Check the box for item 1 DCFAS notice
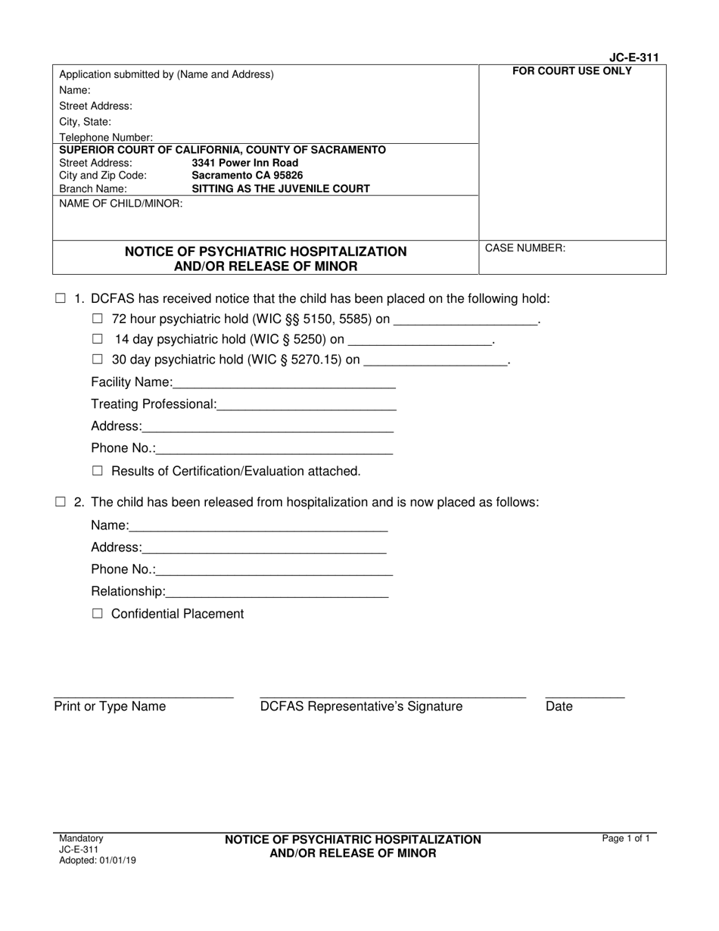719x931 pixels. coord(61,298)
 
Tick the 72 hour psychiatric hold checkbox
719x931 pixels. coord(97,319)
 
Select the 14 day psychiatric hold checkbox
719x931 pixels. coord(97,339)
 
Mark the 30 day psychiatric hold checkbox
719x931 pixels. coord(97,360)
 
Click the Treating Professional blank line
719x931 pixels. coord(307,404)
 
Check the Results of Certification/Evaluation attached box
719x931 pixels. coord(97,471)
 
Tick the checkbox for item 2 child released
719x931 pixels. coord(61,502)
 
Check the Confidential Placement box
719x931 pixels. coord(97,614)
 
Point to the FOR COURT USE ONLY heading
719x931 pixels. coord(572,72)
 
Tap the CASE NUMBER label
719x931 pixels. coord(525,248)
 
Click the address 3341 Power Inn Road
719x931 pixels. coord(245,163)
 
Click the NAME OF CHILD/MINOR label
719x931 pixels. coord(121,204)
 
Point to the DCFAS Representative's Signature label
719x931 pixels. coord(361,707)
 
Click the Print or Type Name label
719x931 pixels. coord(110,707)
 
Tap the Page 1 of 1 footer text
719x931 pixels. coord(626,839)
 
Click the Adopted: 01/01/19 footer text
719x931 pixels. coord(98,861)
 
